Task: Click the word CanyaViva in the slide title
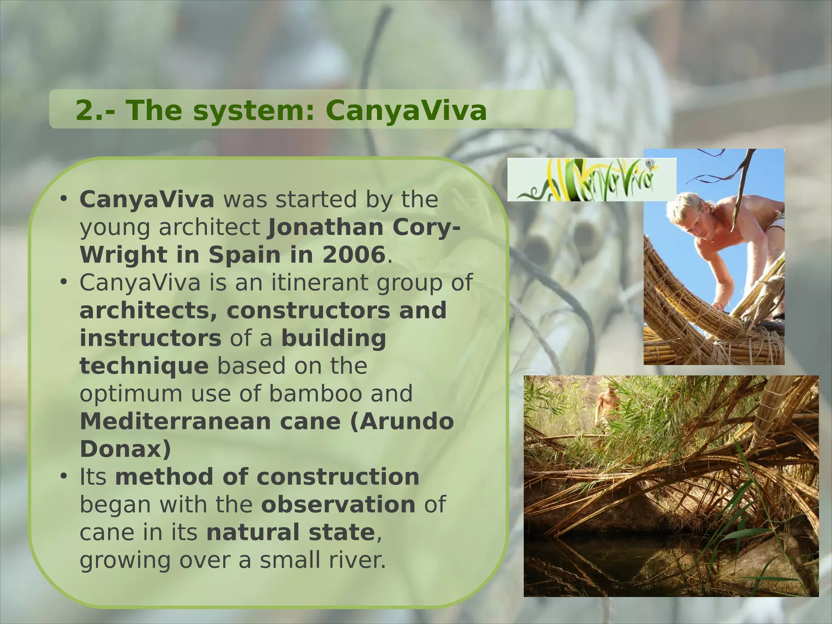pyautogui.click(x=406, y=111)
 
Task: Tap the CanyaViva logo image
pyautogui.click(x=591, y=180)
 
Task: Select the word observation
pyautogui.click(x=338, y=505)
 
